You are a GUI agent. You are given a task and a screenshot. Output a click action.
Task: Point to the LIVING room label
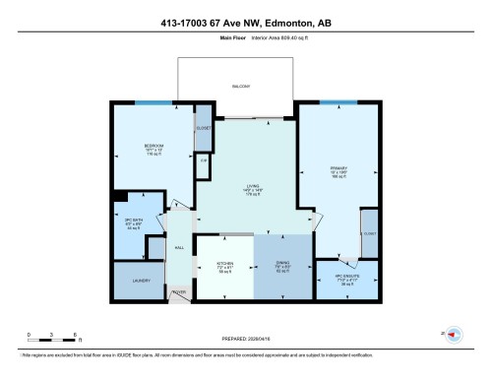(250, 187)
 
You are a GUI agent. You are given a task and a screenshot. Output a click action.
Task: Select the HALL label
(178, 246)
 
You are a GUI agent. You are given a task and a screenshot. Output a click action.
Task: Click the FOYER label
(179, 291)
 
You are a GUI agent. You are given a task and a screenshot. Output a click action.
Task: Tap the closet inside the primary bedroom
(369, 234)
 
